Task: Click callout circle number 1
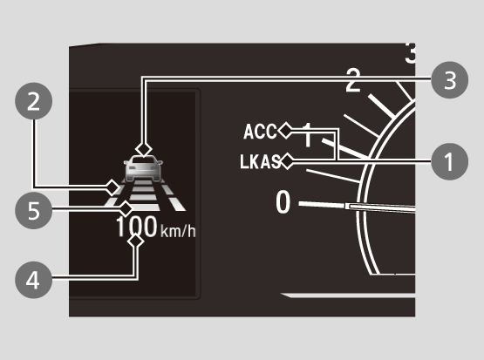pyautogui.click(x=449, y=161)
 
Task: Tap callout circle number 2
pyautogui.click(x=34, y=101)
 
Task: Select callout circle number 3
pyautogui.click(x=449, y=80)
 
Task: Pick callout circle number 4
pyautogui.click(x=34, y=280)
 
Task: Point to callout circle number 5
pyautogui.click(x=34, y=210)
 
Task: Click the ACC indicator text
pyautogui.click(x=260, y=132)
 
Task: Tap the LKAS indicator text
pyautogui.click(x=260, y=161)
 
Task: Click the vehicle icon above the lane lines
pyautogui.click(x=143, y=168)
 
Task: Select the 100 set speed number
pyautogui.click(x=136, y=227)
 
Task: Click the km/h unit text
pyautogui.click(x=178, y=230)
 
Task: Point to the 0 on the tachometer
pyautogui.click(x=283, y=202)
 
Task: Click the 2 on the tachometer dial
pyautogui.click(x=353, y=80)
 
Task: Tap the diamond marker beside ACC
pyautogui.click(x=285, y=131)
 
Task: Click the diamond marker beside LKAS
pyautogui.click(x=287, y=161)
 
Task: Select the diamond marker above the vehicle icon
pyautogui.click(x=144, y=149)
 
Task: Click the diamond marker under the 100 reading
pyautogui.click(x=135, y=241)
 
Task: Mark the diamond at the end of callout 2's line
pyautogui.click(x=112, y=187)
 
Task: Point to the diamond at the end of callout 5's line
pyautogui.click(x=126, y=209)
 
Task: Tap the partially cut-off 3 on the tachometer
pyautogui.click(x=410, y=53)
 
